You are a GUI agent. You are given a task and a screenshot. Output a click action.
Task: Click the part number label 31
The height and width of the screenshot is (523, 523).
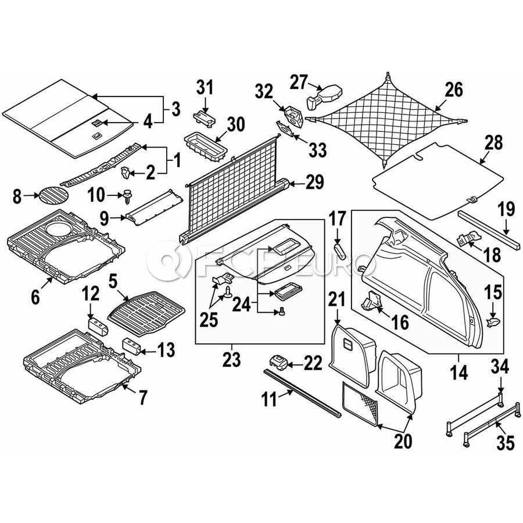click(205, 88)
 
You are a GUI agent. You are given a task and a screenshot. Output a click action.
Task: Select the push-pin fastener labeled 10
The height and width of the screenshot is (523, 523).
click(128, 196)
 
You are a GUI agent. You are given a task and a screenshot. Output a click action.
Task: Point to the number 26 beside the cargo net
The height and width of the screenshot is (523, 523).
click(454, 89)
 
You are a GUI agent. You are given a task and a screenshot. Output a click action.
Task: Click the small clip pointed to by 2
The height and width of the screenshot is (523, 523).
click(126, 172)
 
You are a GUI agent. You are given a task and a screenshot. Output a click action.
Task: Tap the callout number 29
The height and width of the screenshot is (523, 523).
click(314, 182)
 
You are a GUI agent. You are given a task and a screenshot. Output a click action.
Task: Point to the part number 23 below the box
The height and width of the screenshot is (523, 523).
click(231, 360)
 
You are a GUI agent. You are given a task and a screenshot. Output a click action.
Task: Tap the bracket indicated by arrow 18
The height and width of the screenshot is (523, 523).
click(468, 238)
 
